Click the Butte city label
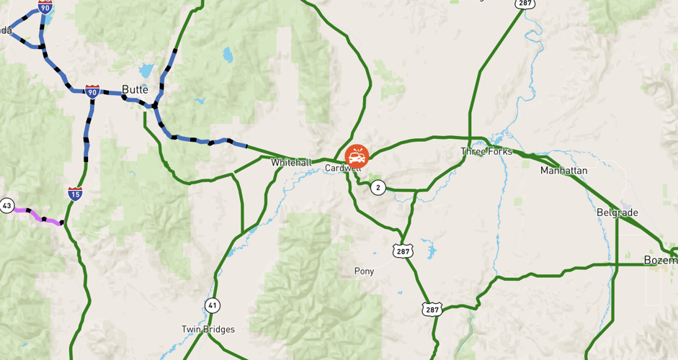point(135,89)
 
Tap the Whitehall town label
point(291,163)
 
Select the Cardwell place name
point(339,168)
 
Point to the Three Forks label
point(486,151)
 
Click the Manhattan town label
point(563,171)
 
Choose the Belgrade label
point(617,212)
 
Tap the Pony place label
point(364,271)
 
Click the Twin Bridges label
point(208,329)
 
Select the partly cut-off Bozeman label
point(659,260)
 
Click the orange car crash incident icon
point(357,156)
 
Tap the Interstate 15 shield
point(75,193)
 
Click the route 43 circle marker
point(6,206)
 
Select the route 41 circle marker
point(211,305)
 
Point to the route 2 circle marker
point(378,188)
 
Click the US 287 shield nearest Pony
point(402,251)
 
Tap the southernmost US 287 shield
point(432,309)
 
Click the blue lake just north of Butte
point(146,71)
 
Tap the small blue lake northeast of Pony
point(431,251)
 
